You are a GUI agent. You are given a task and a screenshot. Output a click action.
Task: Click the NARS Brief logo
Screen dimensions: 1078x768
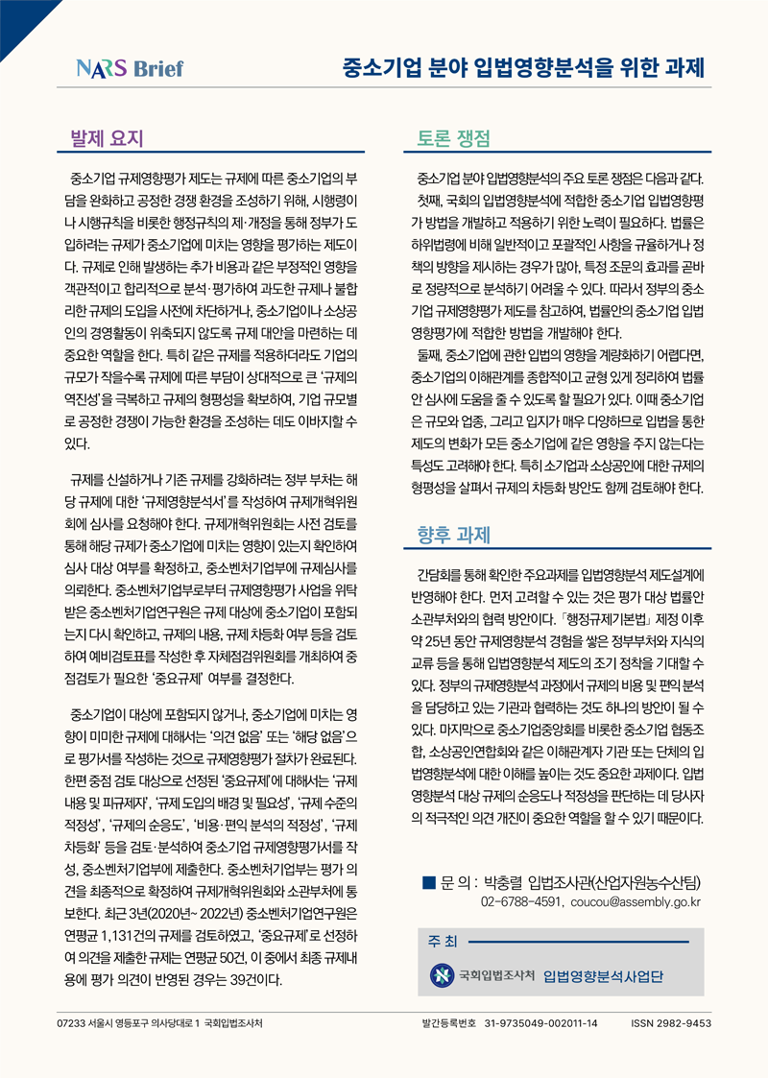pyautogui.click(x=131, y=69)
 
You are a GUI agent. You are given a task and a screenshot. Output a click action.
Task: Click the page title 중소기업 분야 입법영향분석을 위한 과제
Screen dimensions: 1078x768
pyautogui.click(x=524, y=68)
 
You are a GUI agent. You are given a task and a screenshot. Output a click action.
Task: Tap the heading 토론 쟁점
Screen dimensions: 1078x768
pyautogui.click(x=454, y=138)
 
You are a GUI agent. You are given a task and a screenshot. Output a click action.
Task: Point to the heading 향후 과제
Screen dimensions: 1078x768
pyautogui.click(x=454, y=534)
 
